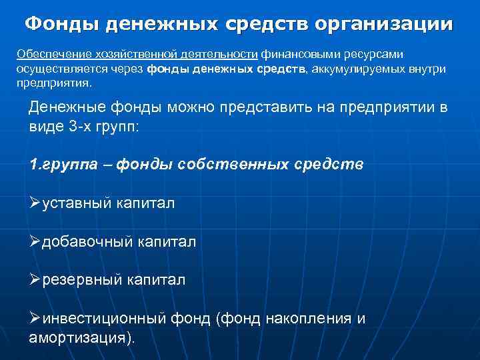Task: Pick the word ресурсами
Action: pyautogui.click(x=374, y=53)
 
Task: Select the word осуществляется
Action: pyautogui.click(x=57, y=69)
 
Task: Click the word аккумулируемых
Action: pyautogui.click(x=357, y=69)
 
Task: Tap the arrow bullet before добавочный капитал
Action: pyautogui.click(x=35, y=242)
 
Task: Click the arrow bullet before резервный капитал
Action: pyautogui.click(x=35, y=280)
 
